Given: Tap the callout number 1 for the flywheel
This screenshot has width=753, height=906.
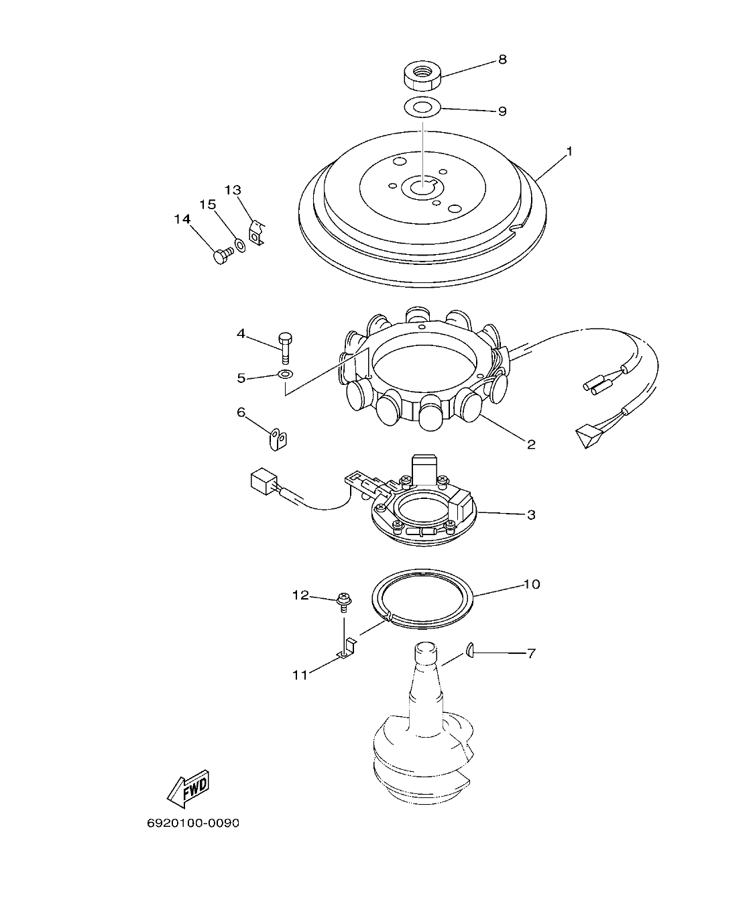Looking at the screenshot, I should (569, 152).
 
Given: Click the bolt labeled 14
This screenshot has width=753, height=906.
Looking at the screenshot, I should (222, 256).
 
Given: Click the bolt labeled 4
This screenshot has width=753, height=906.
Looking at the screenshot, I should (285, 346).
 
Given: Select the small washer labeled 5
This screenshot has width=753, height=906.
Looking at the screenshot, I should (285, 374).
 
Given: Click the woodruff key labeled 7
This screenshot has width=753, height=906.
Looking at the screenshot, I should (470, 648).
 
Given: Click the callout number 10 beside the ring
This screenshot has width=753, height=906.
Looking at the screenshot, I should (531, 584).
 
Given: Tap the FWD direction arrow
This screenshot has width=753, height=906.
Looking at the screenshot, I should (188, 788).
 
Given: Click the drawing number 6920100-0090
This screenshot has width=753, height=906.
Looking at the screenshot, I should (193, 823).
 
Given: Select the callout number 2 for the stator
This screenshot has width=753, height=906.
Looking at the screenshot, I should (531, 444).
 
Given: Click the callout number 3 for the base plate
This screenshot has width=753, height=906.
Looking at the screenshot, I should (531, 515).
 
